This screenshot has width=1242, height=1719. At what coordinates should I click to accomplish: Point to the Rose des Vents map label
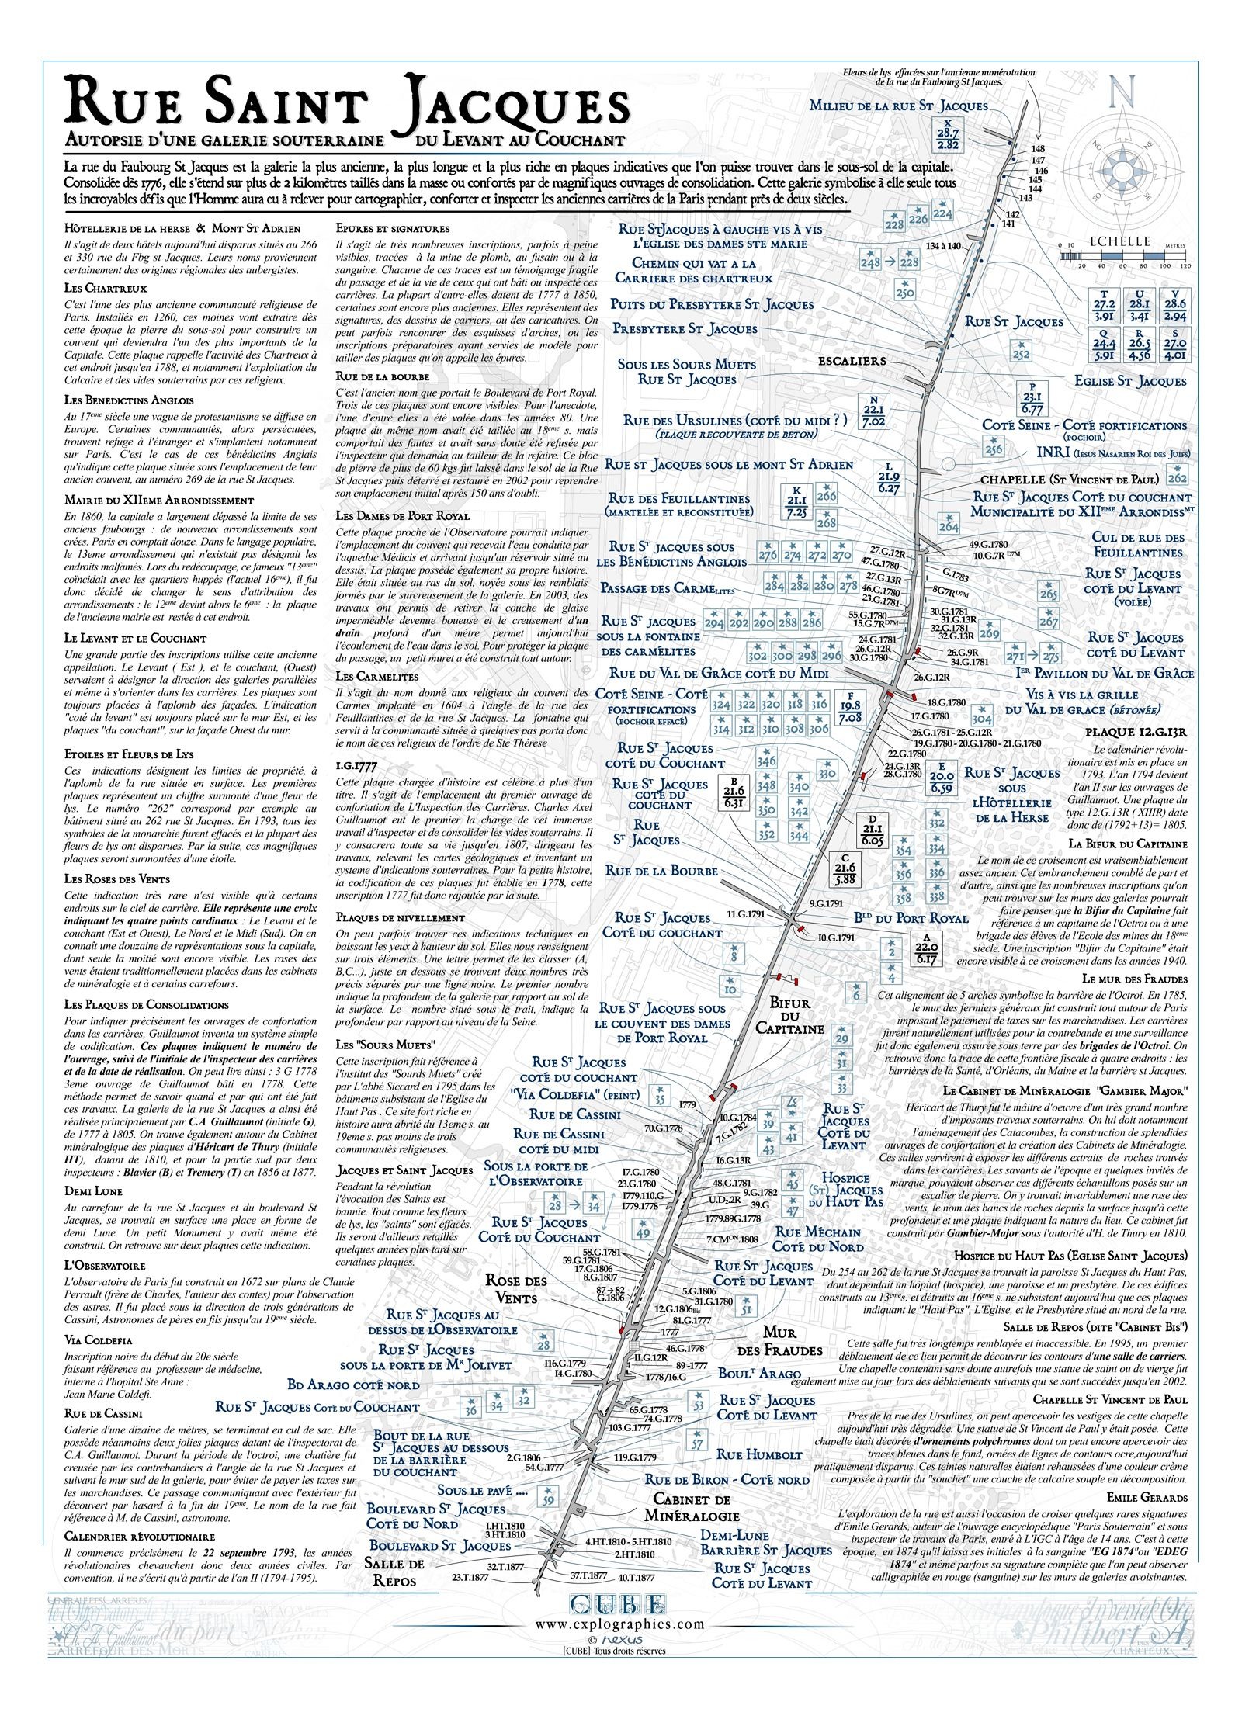515,1289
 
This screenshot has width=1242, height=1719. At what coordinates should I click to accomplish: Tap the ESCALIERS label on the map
852,361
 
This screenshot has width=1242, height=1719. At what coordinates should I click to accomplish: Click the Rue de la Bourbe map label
661,871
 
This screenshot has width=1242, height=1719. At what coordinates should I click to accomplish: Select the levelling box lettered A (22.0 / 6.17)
927,948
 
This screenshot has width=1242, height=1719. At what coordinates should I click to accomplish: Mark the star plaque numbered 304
982,715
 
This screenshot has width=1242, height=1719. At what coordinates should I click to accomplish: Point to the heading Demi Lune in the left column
93,1190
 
